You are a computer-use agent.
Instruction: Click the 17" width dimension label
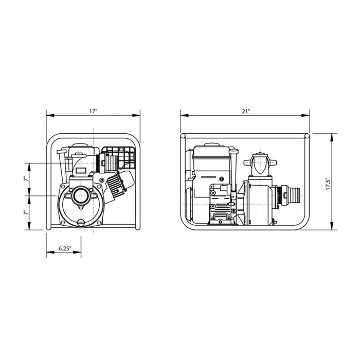(94, 112)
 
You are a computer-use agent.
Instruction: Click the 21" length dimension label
(246, 112)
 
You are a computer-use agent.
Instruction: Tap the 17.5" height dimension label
(328, 184)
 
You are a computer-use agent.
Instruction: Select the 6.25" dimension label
(65, 248)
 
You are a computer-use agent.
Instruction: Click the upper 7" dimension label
(26, 178)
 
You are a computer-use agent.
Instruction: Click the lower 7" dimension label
(26, 212)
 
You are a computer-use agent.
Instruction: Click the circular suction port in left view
(81, 195)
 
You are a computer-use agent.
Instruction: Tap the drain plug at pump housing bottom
(81, 223)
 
